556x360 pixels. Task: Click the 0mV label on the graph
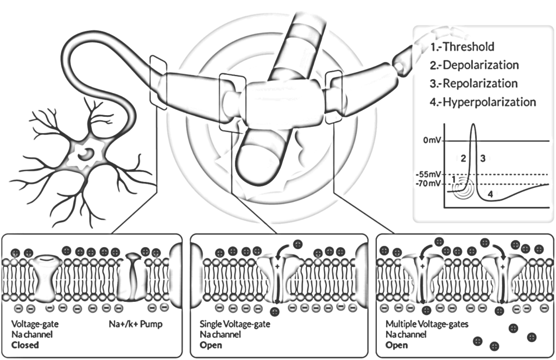(x=434, y=141)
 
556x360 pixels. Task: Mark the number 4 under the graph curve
(x=490, y=194)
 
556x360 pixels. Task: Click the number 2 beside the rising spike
(x=463, y=159)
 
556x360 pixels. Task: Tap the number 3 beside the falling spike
(x=483, y=159)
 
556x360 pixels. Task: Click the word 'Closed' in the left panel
(x=25, y=345)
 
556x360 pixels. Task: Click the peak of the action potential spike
(x=473, y=126)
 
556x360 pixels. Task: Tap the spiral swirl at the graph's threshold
(x=460, y=186)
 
